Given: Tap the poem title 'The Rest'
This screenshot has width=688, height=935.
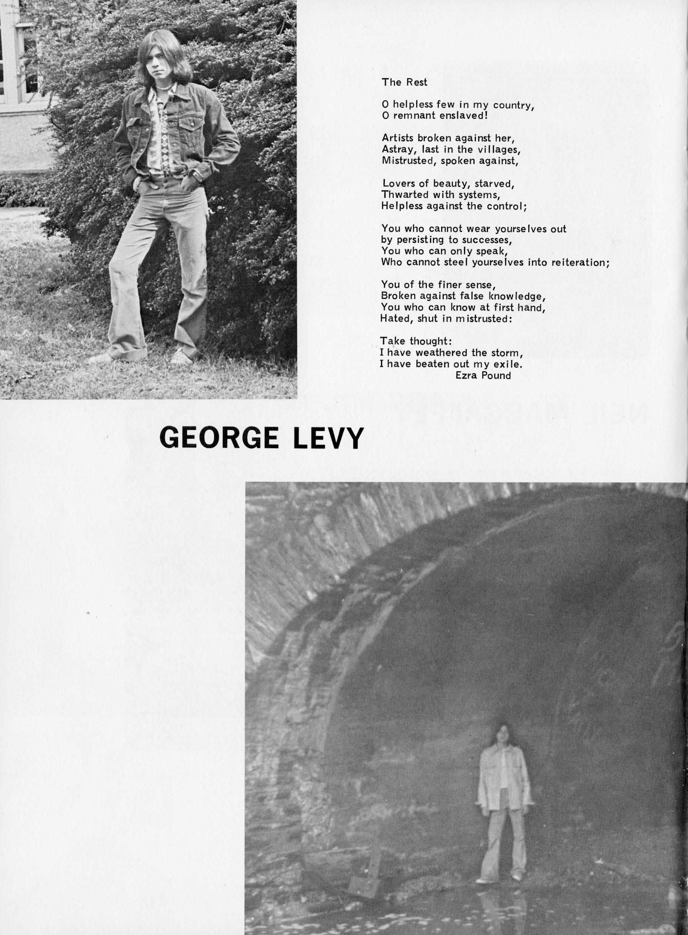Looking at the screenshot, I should click(405, 82).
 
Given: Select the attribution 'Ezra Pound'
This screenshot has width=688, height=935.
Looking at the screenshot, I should click(483, 375).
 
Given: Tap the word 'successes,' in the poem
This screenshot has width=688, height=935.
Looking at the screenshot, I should click(483, 240).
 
